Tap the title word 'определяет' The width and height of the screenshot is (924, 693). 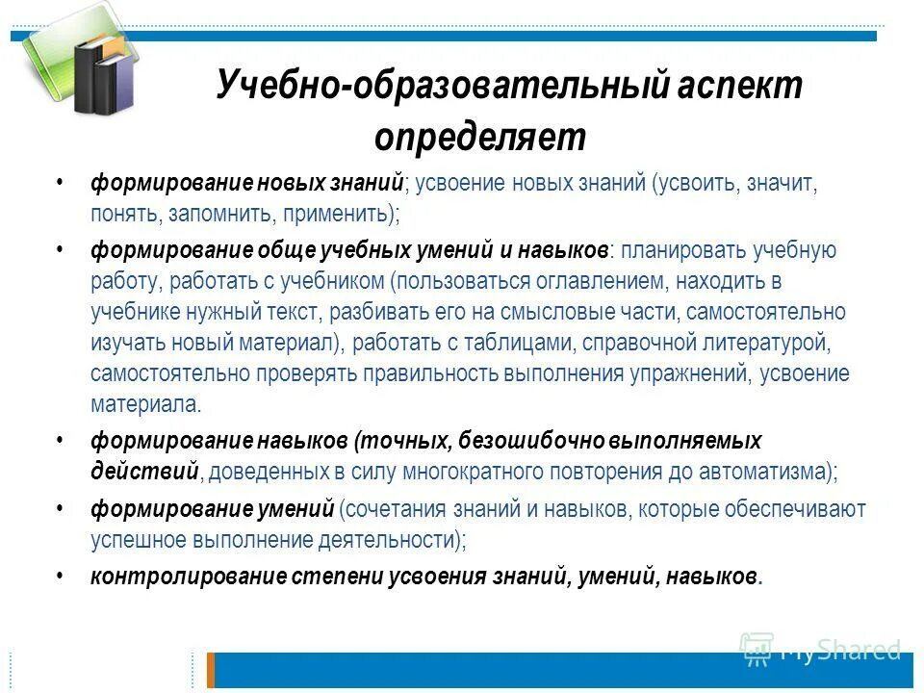(479, 138)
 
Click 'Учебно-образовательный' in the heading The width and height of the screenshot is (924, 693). (443, 87)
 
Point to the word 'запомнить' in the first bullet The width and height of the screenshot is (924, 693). (215, 212)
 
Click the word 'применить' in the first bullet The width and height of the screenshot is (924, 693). (345, 212)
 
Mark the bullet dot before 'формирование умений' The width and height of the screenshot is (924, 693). (60, 506)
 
